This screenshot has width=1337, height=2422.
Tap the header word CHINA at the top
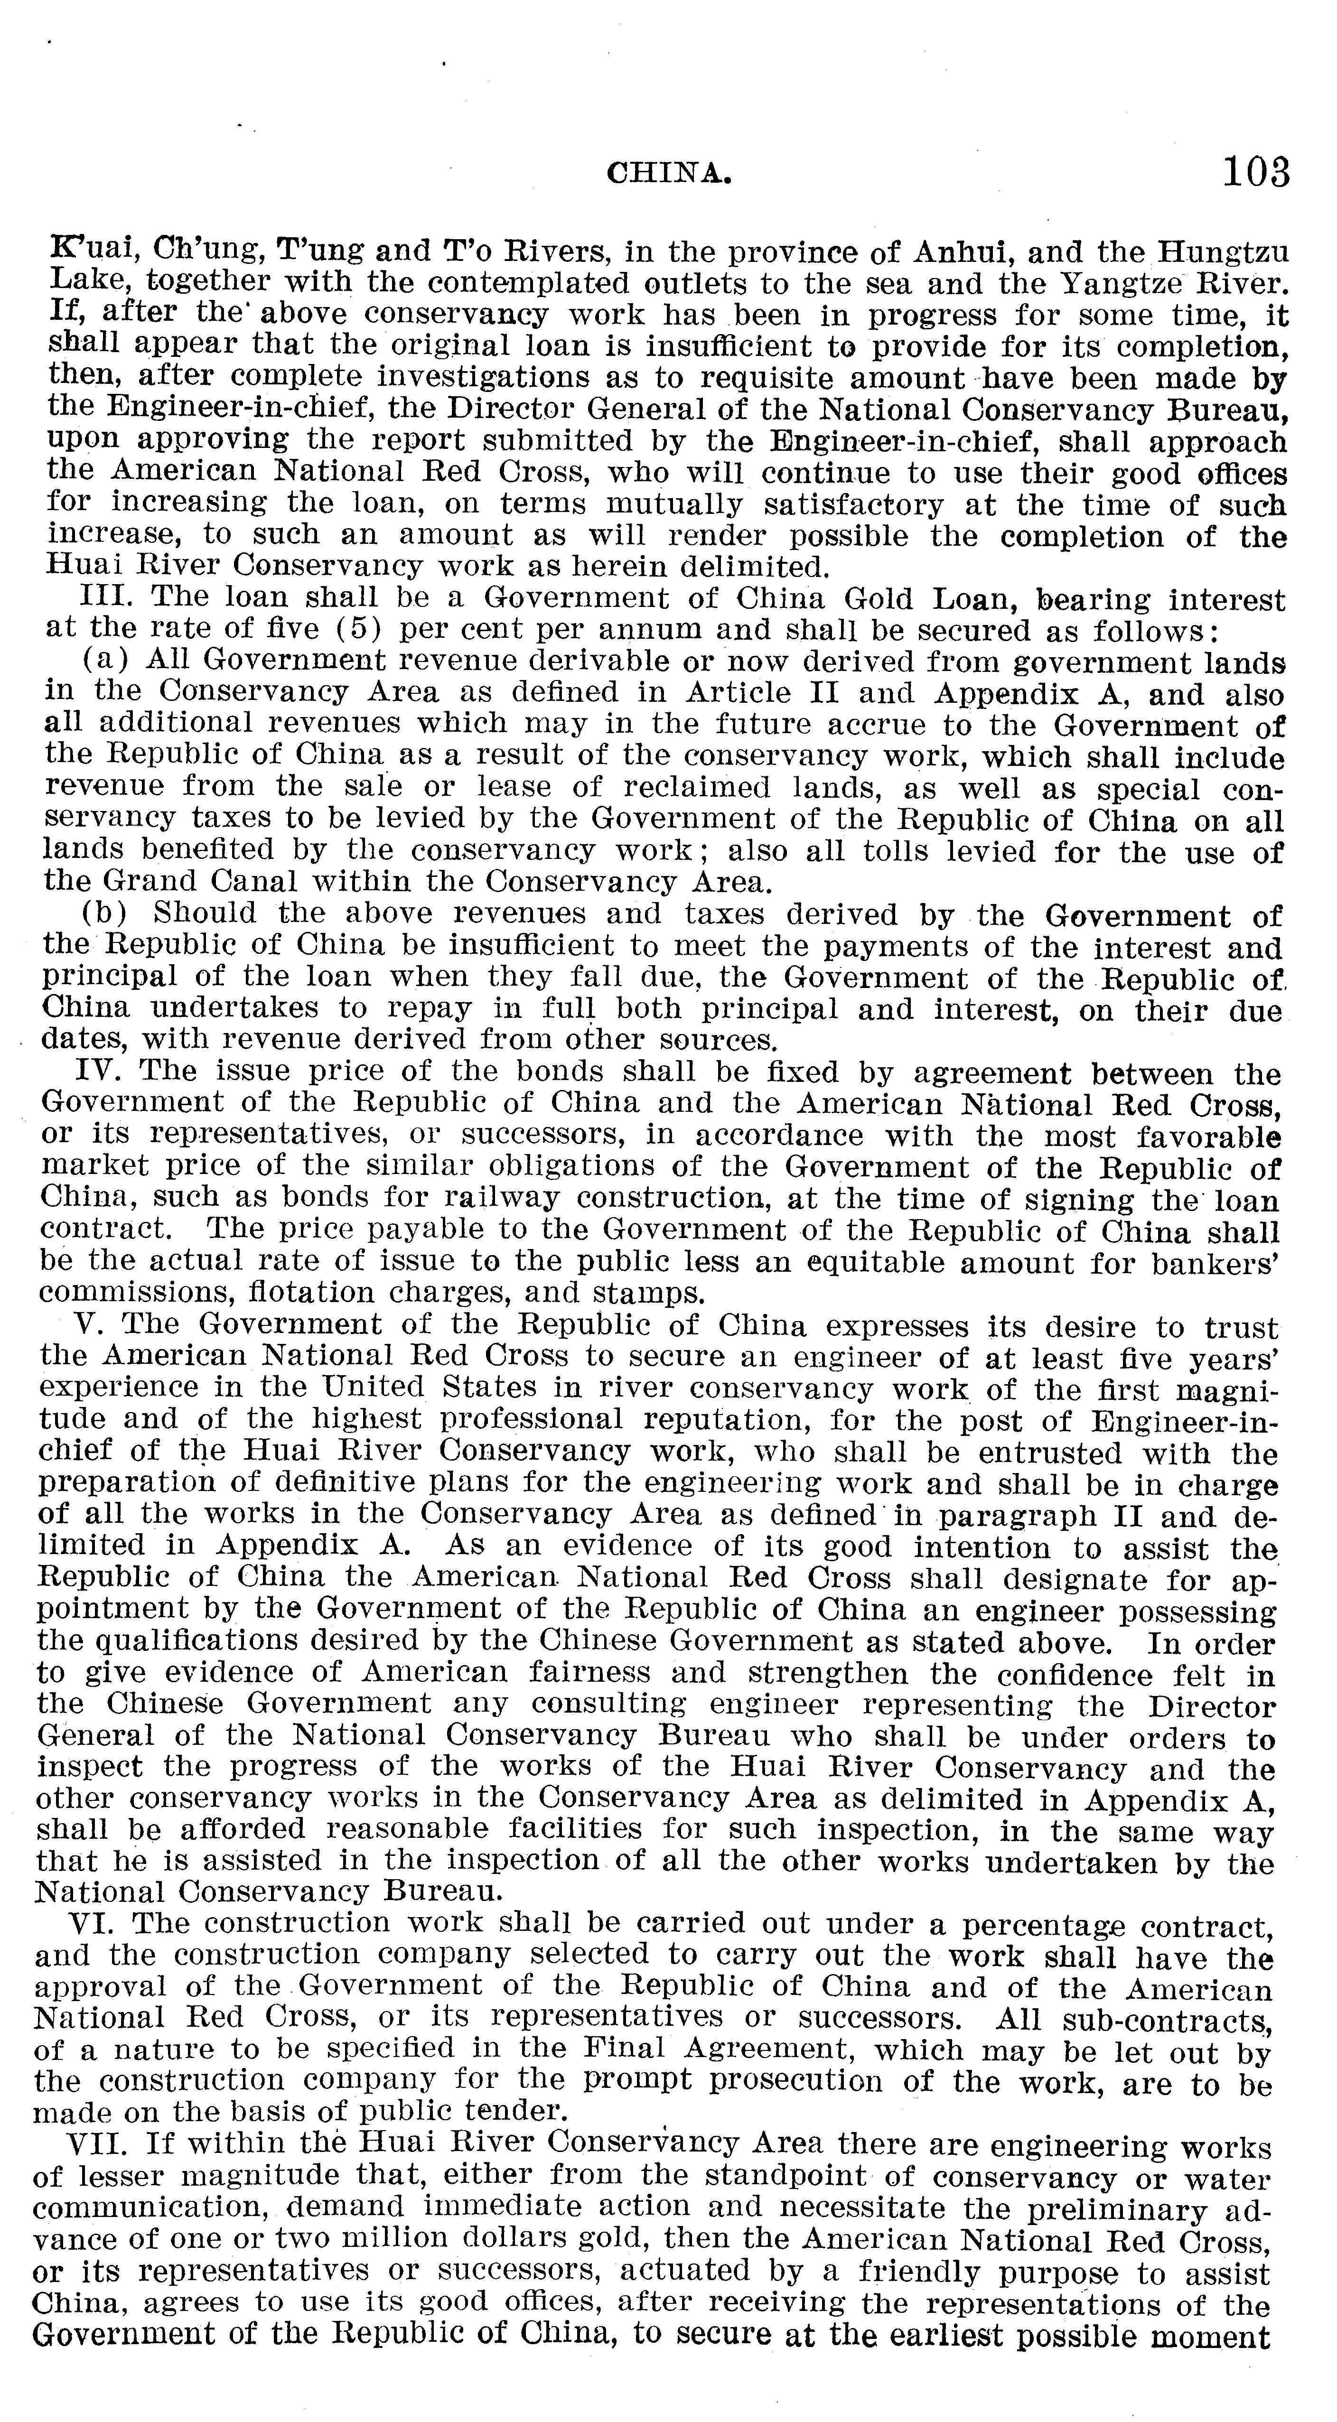pyautogui.click(x=668, y=174)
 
